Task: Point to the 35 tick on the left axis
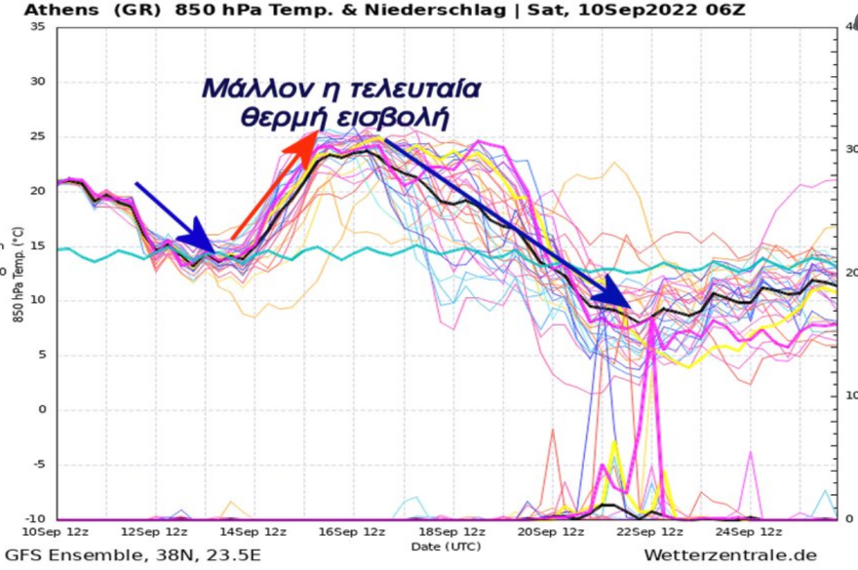click(x=37, y=26)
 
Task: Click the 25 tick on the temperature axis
click(x=37, y=136)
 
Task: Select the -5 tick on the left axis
click(x=37, y=465)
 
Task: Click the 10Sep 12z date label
click(x=57, y=532)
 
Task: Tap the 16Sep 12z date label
click(x=353, y=532)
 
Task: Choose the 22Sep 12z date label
click(x=650, y=532)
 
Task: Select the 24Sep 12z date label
click(x=749, y=532)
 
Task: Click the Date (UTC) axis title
click(x=444, y=546)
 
